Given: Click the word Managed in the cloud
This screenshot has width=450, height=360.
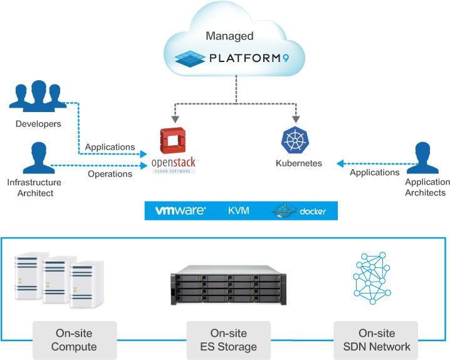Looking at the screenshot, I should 230,36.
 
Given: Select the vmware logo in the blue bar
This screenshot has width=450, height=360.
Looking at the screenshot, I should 181,211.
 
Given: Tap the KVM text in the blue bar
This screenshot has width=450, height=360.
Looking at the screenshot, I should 239,211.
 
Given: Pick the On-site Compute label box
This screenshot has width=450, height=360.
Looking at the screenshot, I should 74,340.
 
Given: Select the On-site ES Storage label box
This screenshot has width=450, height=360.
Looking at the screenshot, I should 229,340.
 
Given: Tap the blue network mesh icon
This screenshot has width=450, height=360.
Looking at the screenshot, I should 371,275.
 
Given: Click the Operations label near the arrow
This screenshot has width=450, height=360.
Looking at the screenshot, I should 110,173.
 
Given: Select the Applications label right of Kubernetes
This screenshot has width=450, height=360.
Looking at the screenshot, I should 374,172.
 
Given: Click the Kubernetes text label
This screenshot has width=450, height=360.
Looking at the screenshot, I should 299,163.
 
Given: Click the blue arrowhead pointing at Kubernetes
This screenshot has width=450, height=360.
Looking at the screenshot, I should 339,163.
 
